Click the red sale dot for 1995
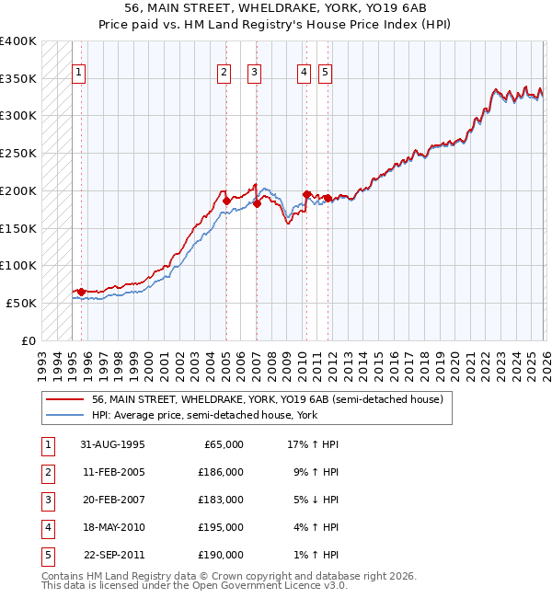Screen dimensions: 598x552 [81, 292]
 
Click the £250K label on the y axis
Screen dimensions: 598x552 [18, 153]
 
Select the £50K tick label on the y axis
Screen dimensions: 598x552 [22, 303]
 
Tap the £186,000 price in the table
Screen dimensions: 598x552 [221, 472]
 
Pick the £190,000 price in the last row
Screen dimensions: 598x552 [221, 555]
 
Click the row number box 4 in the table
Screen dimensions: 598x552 [46, 527]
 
